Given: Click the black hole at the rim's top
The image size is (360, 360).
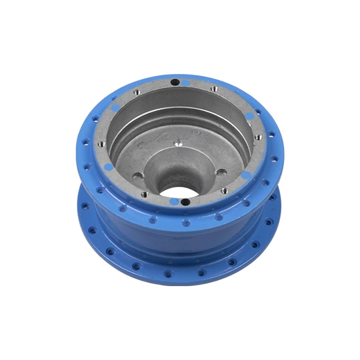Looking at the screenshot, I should (175, 82).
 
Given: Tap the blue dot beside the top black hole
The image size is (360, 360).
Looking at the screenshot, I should (186, 83).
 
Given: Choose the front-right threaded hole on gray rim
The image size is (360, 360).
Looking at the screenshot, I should (224, 191).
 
